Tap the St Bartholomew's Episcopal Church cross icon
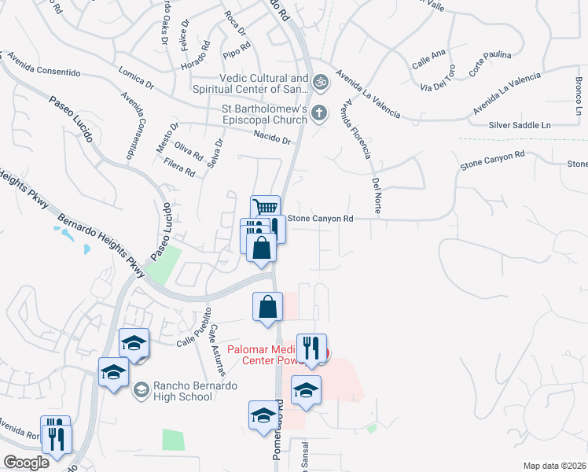(319, 112)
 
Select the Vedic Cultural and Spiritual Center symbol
(320, 81)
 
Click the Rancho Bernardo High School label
(182, 390)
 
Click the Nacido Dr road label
(273, 138)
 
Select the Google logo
(26, 463)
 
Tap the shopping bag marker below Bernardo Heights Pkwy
(267, 306)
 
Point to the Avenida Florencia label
(355, 129)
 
